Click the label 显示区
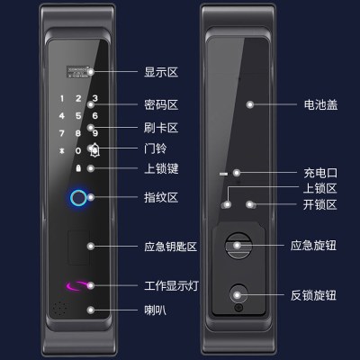(161, 72)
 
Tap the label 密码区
(161, 105)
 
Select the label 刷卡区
(161, 128)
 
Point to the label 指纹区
(161, 198)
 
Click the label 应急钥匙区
(170, 247)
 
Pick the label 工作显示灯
(171, 285)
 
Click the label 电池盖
(320, 105)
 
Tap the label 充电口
(320, 173)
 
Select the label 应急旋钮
(313, 246)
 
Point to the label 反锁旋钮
(313, 295)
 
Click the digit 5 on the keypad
(78, 116)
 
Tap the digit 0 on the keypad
(78, 150)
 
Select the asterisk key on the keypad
(62, 150)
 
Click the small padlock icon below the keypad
(78, 168)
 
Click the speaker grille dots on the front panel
(59, 309)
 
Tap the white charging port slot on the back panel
(223, 174)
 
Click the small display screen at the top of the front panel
(79, 72)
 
